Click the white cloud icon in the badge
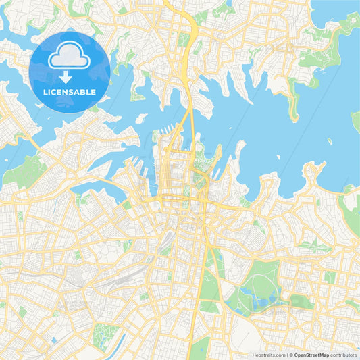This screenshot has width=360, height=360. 70,57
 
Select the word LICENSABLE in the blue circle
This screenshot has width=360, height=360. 70,92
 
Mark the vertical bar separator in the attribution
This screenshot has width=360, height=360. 288,354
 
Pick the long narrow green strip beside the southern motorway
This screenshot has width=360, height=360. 209,284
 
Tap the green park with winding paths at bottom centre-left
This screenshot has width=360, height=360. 105,334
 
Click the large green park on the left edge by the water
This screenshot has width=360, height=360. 24,172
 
